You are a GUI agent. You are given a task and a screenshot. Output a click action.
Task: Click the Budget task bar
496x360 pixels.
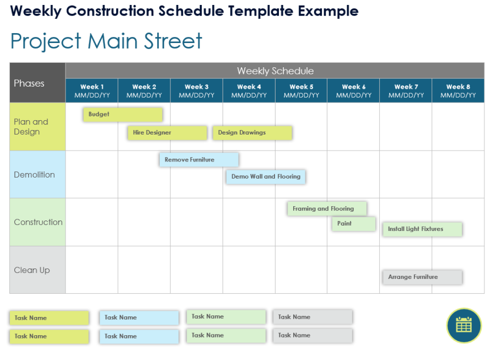pos(123,115)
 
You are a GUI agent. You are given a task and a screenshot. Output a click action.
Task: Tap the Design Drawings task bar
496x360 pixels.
pos(252,133)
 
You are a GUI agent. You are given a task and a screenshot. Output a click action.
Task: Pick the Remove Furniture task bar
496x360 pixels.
pos(199,160)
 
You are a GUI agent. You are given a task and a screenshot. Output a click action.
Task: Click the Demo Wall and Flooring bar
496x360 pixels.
pos(266,177)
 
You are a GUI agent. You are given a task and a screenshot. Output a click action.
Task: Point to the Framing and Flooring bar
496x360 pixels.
pos(327,209)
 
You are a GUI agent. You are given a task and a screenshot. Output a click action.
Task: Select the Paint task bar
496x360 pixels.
pos(353,224)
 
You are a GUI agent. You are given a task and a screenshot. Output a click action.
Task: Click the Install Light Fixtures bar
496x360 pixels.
pos(422,229)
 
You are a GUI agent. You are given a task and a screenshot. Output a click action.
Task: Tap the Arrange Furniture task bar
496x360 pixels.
pos(422,277)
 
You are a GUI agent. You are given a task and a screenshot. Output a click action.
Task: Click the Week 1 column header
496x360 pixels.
pos(92,90)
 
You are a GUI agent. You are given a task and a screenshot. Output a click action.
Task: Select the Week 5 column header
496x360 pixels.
pos(301,90)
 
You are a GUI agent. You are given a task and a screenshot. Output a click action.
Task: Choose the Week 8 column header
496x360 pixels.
pos(458,90)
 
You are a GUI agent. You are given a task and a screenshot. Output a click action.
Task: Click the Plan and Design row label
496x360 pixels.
pos(37,127)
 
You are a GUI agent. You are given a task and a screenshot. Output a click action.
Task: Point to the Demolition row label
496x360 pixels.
pos(37,175)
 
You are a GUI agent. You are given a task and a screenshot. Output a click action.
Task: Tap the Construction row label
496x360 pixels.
pos(37,222)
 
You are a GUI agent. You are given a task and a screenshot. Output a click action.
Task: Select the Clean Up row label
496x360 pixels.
pos(37,270)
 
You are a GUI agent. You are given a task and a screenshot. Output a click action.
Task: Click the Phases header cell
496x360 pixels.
pos(37,83)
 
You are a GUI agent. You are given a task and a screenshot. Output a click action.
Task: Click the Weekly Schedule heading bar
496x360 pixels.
pos(275,71)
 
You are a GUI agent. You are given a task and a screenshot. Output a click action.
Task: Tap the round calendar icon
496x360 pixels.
pos(464,325)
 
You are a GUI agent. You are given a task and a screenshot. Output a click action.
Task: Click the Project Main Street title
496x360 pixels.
pos(106,41)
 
